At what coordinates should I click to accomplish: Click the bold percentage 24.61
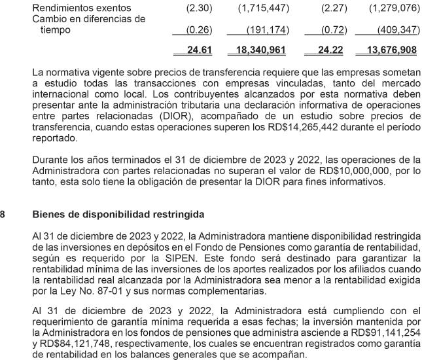click(189, 50)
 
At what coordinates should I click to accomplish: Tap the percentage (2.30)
click(190, 8)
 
